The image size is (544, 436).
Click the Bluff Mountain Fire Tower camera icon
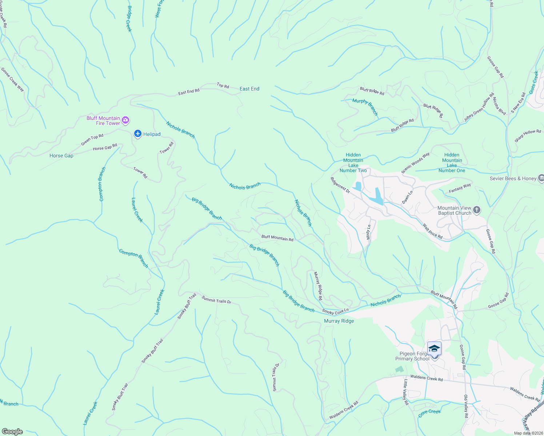click(x=125, y=120)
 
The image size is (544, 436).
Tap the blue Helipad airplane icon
click(x=137, y=134)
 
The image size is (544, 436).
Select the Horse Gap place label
click(x=61, y=156)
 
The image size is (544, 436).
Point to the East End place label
click(x=249, y=89)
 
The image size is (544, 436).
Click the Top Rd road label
click(x=223, y=86)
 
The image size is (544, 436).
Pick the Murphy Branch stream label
click(x=365, y=107)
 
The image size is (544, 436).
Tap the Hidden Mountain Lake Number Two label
click(x=353, y=163)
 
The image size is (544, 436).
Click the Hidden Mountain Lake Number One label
click(x=452, y=163)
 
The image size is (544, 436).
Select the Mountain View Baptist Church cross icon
click(x=477, y=210)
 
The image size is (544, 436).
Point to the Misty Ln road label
click(x=369, y=232)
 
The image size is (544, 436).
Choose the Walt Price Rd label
click(x=432, y=231)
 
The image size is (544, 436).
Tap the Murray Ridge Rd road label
click(x=318, y=286)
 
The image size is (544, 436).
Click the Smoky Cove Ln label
click(x=335, y=311)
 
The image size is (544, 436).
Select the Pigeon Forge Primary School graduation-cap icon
click(x=434, y=349)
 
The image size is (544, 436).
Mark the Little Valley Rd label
click(x=406, y=392)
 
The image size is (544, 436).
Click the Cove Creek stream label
click(x=429, y=412)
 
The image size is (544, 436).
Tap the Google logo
click(x=12, y=431)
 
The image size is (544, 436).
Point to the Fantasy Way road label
click(x=460, y=188)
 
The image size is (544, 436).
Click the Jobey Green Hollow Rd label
click(x=479, y=108)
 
